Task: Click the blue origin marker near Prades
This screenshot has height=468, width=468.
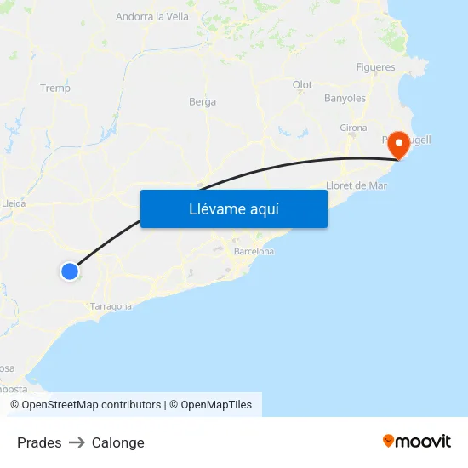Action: [x=69, y=271]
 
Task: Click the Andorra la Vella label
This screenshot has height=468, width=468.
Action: [x=152, y=16]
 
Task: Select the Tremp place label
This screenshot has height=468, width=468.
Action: [x=55, y=88]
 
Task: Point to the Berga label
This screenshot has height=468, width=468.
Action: [x=203, y=102]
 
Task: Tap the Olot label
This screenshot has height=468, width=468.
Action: [x=302, y=85]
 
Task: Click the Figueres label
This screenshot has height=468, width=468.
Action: [x=375, y=67]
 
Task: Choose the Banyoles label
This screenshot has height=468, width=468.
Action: [x=345, y=99]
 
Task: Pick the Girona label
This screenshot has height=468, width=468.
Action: [x=353, y=128]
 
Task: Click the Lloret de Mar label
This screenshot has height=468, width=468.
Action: [x=357, y=185]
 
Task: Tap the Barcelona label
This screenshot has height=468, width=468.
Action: [x=254, y=252]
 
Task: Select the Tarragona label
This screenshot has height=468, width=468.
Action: [x=111, y=306]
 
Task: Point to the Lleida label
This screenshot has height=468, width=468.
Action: [x=14, y=203]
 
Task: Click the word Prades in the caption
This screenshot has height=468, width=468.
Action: [x=39, y=442]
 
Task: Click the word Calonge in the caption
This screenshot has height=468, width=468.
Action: [x=118, y=442]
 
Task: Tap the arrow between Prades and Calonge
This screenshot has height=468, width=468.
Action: [x=77, y=442]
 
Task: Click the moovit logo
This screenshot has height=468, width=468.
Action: [x=416, y=441]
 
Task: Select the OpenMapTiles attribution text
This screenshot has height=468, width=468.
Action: [x=210, y=405]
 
